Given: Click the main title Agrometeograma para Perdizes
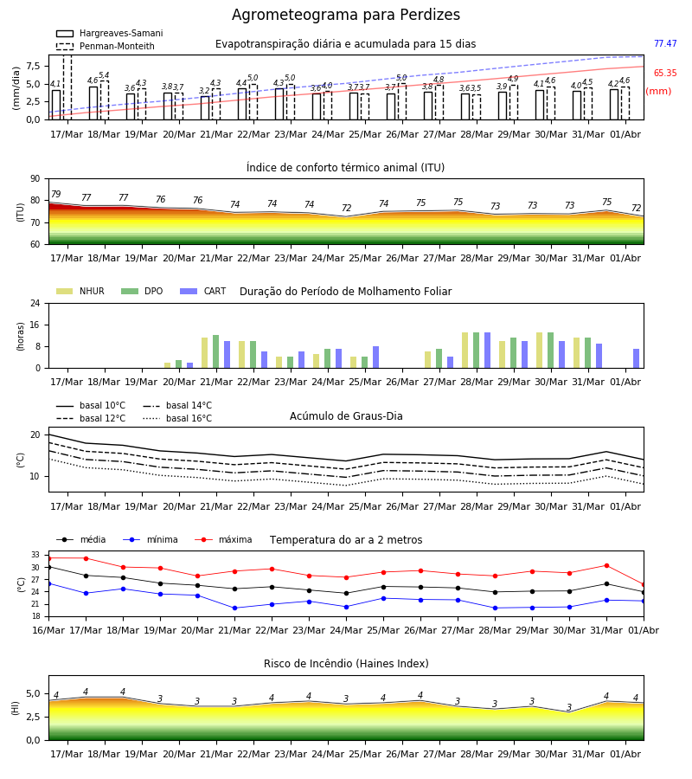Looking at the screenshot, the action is click(345, 15).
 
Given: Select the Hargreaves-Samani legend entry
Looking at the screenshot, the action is click(109, 33).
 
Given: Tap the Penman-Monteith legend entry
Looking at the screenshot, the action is click(106, 46).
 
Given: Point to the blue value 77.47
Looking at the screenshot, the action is click(665, 44).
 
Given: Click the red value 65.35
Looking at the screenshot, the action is click(665, 73).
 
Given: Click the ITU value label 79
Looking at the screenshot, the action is click(55, 194).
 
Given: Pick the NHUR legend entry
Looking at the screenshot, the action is click(80, 291).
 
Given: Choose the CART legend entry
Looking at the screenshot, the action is click(203, 291).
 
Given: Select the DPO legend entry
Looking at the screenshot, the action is click(142, 291).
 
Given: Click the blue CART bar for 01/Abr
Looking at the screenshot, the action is click(636, 358).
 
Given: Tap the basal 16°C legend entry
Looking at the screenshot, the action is click(177, 418).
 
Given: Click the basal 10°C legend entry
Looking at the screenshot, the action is click(91, 405).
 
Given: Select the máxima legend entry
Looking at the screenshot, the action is click(223, 539).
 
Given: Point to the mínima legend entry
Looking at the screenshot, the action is click(150, 539).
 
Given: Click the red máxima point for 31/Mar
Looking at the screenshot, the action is click(606, 565).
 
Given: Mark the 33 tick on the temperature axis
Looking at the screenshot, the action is click(35, 555).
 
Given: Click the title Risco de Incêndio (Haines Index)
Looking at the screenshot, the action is click(346, 664).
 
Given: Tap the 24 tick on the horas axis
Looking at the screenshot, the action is click(35, 303).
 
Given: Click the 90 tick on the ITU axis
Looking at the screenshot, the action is click(35, 179).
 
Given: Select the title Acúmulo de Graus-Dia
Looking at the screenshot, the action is click(346, 416).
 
